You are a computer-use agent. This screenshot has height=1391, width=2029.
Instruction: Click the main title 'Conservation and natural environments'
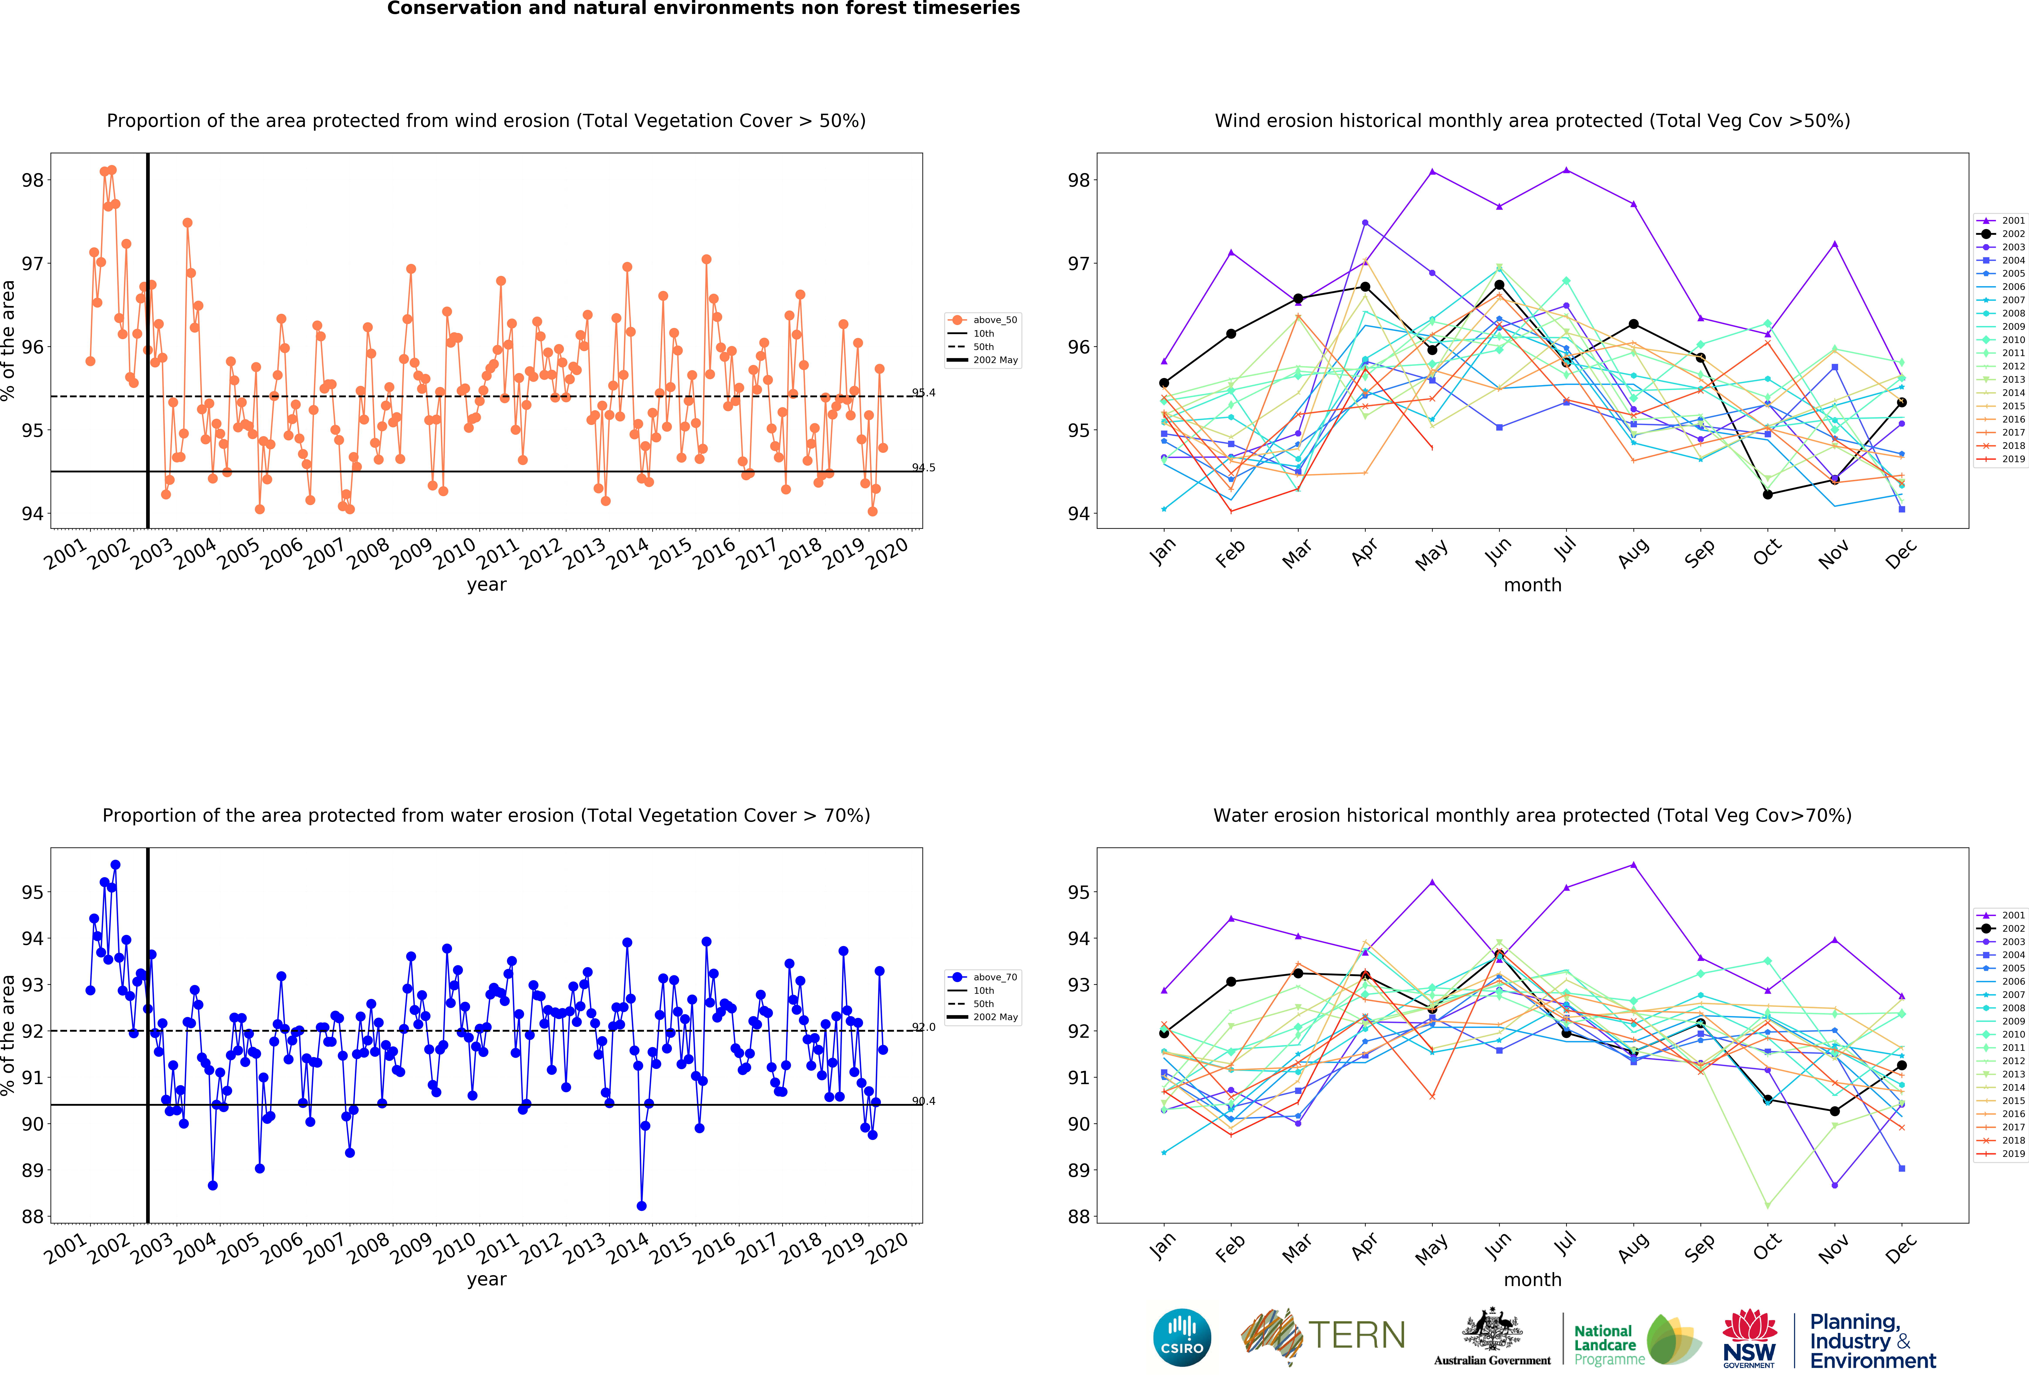[x=703, y=9]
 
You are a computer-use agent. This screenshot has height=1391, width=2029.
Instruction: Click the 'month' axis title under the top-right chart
[x=1532, y=585]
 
